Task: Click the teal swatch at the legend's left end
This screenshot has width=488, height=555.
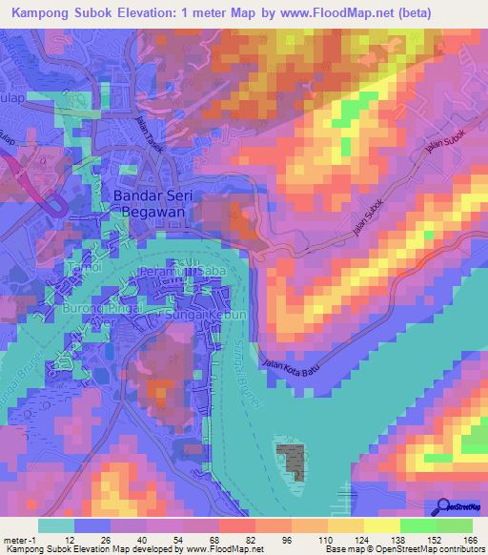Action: click(56, 525)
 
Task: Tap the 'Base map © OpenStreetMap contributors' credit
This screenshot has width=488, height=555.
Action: click(416, 550)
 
